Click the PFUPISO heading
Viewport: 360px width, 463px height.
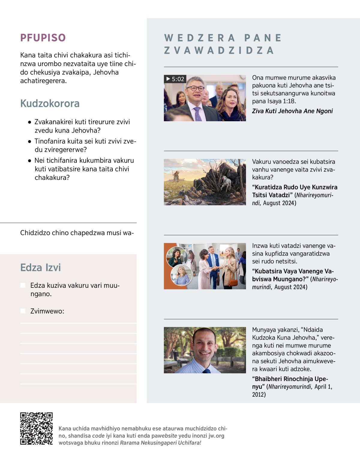[43, 38]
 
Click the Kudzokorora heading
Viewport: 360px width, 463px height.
[50, 104]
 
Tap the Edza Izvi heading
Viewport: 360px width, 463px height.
[40, 267]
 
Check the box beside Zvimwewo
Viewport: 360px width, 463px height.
[23, 311]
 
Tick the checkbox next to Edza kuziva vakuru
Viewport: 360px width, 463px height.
[23, 285]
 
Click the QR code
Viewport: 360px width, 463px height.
[36, 428]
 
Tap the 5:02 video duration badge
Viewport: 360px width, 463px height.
[175, 79]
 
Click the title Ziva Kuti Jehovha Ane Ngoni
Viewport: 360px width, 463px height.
[292, 111]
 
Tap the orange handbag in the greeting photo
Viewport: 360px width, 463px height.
[233, 282]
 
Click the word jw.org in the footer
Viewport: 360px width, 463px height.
[216, 436]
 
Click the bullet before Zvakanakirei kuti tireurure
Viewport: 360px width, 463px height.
[29, 122]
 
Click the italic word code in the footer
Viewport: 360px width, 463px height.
[98, 436]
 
